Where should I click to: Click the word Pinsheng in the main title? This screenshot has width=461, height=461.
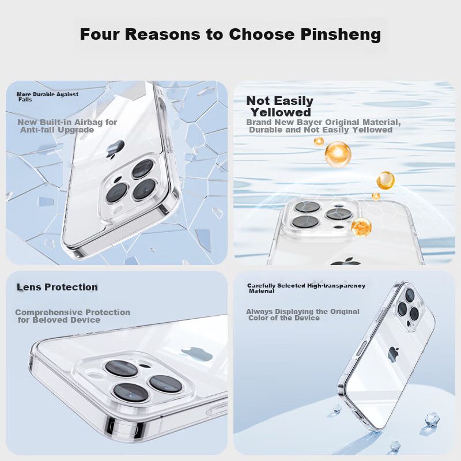coord(341,35)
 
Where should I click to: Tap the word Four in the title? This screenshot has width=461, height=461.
coord(100,34)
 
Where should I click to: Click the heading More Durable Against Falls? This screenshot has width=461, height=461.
coord(47,97)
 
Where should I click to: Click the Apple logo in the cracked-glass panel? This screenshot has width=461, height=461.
coord(116,149)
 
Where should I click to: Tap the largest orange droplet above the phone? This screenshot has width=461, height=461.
coord(338,154)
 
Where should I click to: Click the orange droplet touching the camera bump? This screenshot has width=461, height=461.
coord(361,227)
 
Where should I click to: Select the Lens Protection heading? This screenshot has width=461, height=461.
coord(57,287)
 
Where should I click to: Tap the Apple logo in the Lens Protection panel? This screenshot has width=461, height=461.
coord(196,354)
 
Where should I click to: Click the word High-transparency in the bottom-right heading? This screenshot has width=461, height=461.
coord(336,286)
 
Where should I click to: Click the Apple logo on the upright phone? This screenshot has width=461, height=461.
coord(394,354)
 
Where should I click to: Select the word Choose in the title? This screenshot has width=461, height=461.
coord(262,34)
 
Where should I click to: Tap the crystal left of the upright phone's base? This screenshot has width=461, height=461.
coord(337,409)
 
